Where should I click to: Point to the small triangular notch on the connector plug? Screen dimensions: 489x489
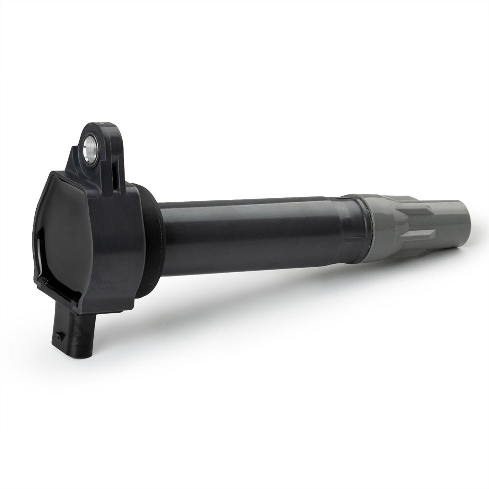point(59,336)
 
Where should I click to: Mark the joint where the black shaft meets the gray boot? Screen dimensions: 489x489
point(367,225)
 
